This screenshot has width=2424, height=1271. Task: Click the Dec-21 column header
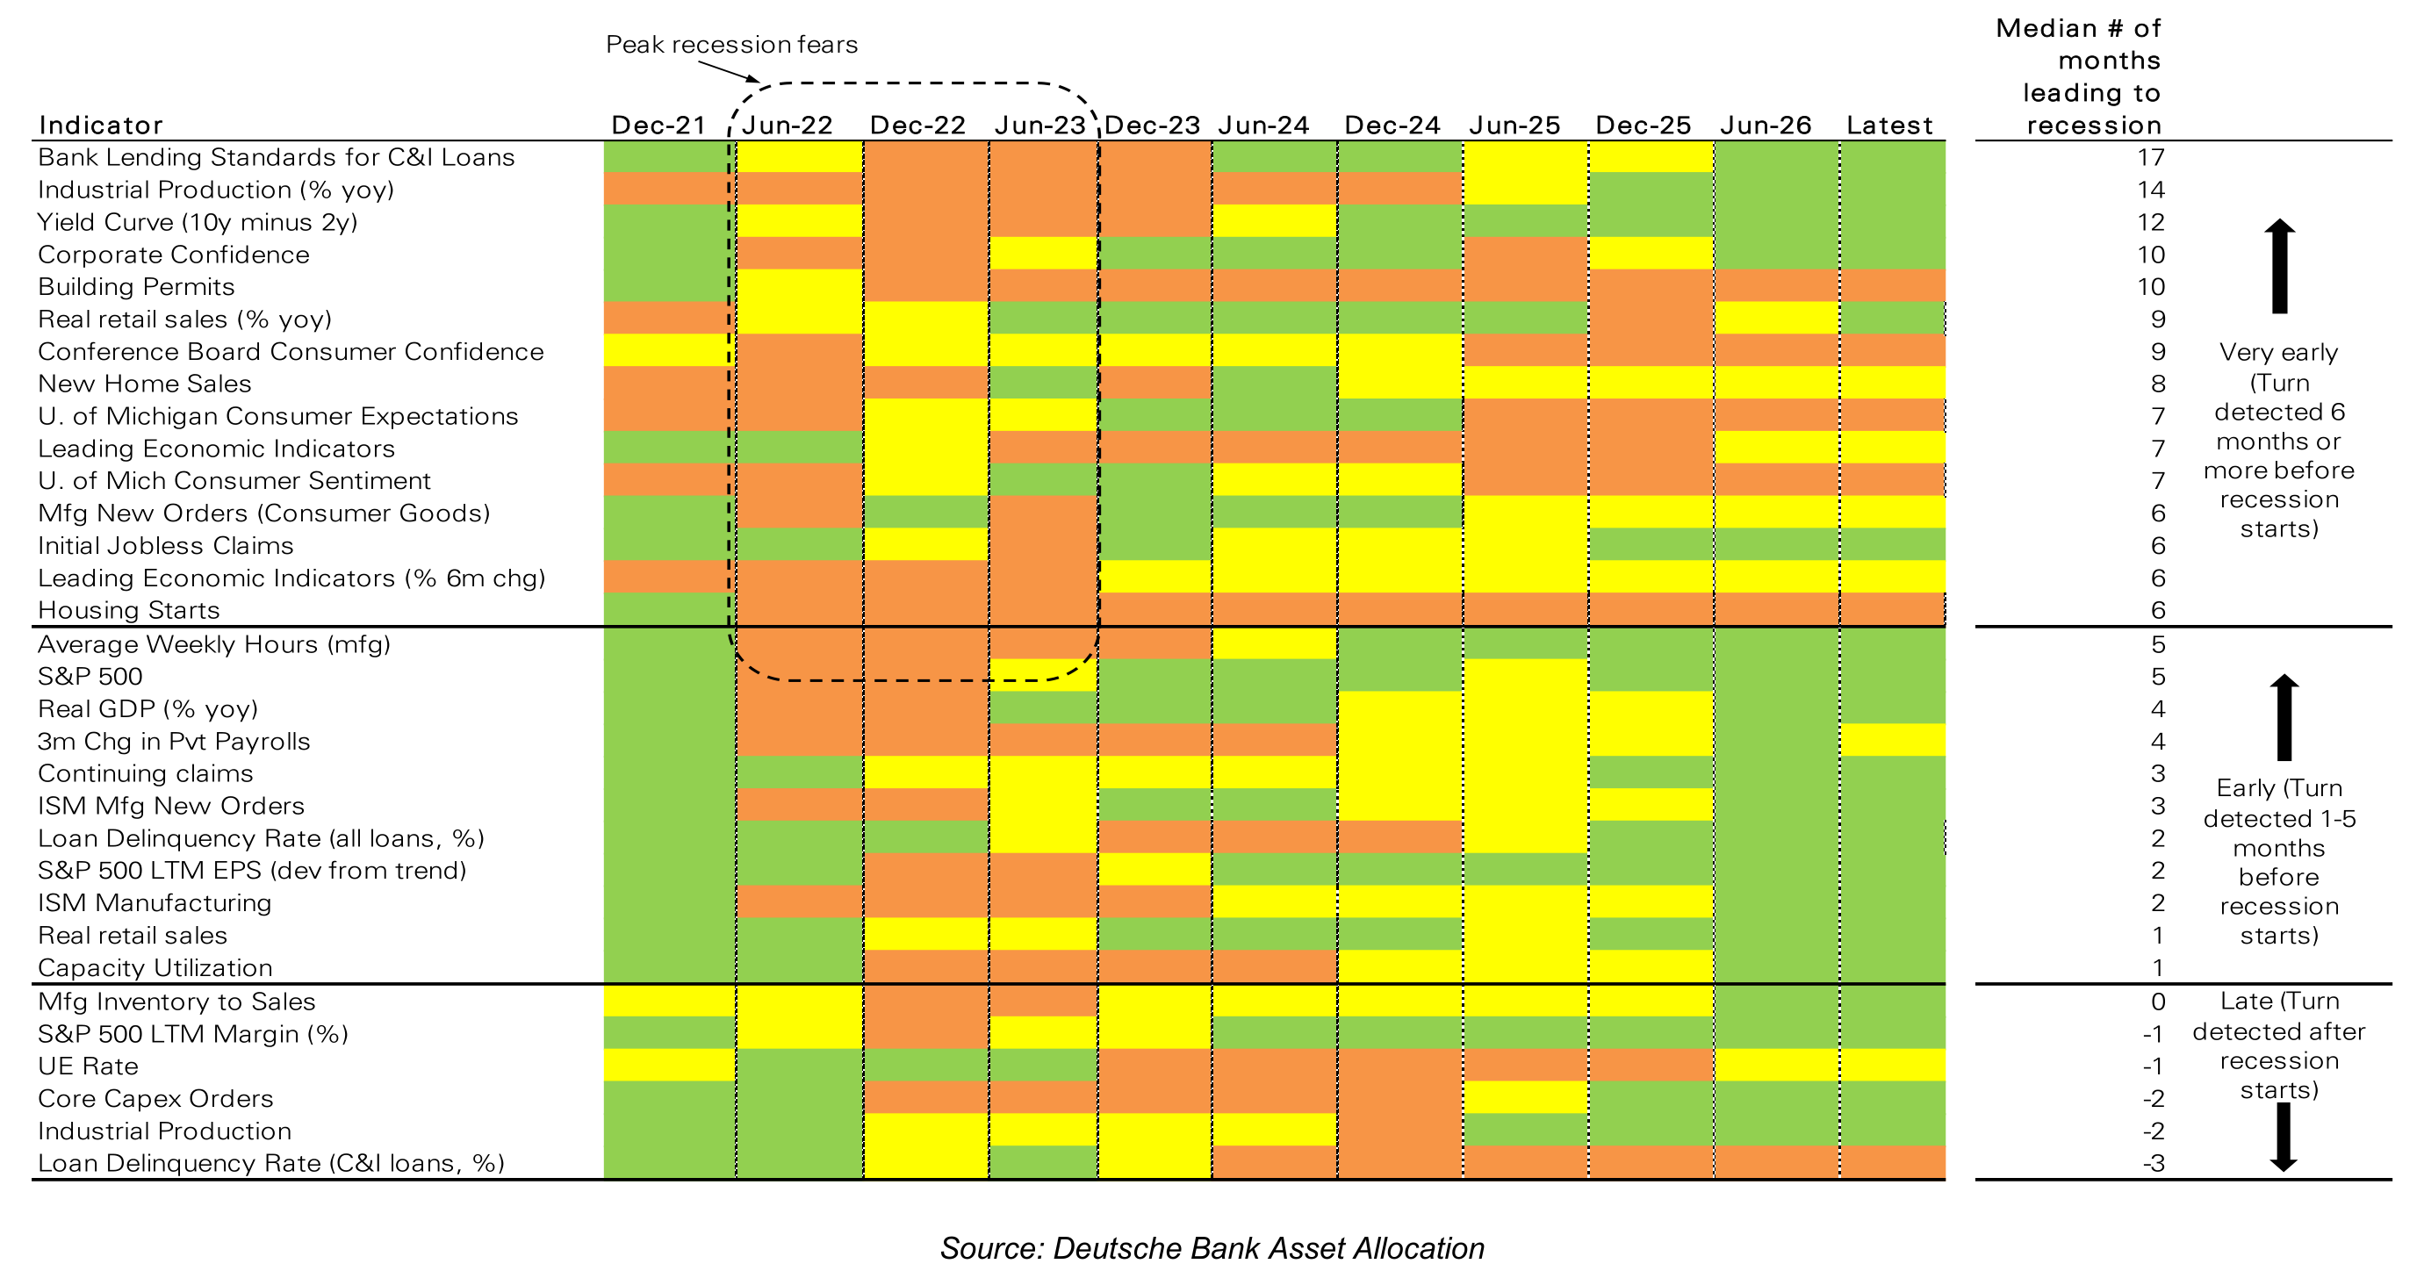658,126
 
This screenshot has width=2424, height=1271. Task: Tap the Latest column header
1889,126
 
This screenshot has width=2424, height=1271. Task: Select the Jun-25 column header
1514,126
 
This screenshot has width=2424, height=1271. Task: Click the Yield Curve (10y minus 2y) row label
198,223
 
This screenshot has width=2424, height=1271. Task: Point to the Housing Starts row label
129,611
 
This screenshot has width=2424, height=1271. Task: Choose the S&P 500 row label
90,677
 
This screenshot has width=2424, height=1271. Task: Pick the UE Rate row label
88,1066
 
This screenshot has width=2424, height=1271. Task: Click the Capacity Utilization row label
155,968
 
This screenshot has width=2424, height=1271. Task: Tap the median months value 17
2151,157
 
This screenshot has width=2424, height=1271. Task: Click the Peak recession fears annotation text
731,44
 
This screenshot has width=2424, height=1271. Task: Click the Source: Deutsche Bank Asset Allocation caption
1212,1248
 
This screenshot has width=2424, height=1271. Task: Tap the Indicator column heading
101,126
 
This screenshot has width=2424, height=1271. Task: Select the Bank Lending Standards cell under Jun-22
799,157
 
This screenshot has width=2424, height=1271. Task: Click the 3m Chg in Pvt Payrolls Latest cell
1892,741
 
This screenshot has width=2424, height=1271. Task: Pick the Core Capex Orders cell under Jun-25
1525,1098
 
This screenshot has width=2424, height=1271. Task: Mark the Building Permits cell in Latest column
1892,286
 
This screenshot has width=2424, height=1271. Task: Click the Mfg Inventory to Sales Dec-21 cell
669,1001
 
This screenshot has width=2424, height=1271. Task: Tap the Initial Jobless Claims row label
166,546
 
